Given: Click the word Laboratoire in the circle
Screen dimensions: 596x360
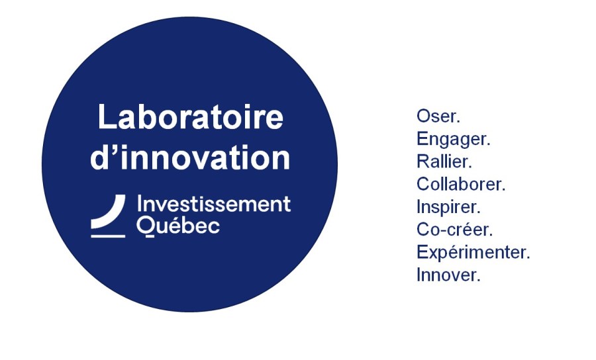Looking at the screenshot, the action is coord(191,117).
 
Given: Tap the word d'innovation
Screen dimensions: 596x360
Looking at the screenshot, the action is coord(191,156).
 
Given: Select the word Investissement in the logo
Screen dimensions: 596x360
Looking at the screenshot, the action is coord(214,204).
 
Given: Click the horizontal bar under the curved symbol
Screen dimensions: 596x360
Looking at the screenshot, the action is coord(108,236).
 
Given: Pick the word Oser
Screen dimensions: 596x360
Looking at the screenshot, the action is coord(438,116).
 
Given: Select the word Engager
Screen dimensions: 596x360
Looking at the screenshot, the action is coord(454,140).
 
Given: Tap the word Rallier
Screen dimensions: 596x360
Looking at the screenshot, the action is coord(444,161).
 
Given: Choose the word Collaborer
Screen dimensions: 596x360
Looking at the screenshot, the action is coord(461,184).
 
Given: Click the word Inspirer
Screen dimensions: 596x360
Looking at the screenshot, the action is coord(448,207).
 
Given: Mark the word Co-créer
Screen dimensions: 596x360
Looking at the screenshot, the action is coord(454,230).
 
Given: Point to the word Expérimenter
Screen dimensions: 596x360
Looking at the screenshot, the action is coord(473,253).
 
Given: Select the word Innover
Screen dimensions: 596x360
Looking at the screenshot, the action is coord(448,275).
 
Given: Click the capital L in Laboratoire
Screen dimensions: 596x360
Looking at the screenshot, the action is coord(106,116).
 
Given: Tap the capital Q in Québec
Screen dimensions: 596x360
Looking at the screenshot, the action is coord(146,227).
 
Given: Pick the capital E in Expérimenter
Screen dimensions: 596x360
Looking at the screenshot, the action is coord(422,252).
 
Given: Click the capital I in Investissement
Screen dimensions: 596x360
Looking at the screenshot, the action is coord(139,204).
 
